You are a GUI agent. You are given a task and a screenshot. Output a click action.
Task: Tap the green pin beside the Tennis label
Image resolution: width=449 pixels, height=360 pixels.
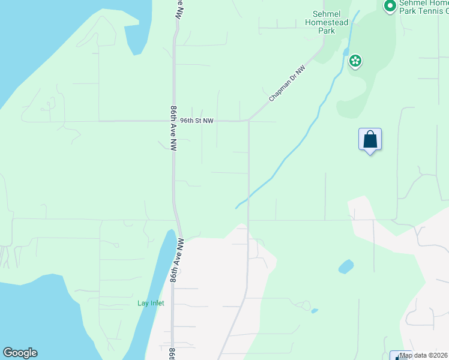(x=389, y=7)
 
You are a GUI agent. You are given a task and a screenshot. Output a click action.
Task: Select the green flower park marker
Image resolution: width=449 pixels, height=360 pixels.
(x=355, y=61)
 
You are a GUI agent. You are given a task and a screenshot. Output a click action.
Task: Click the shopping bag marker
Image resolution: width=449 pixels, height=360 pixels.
(x=370, y=140)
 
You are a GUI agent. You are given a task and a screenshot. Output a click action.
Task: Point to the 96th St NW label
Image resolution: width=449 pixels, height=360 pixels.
(x=197, y=121)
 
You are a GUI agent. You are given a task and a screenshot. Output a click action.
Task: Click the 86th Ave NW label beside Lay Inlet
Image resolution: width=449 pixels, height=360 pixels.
(x=176, y=260)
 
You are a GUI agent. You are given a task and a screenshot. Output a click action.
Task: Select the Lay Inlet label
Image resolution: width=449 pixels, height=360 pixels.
(x=150, y=303)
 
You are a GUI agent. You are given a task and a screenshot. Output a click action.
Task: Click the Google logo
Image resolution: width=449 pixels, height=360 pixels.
(x=20, y=353)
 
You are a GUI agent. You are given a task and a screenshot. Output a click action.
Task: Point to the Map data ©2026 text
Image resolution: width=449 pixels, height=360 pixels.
(x=424, y=355)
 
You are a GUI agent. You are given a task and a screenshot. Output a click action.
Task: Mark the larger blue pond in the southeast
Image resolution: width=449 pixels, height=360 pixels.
(x=346, y=266)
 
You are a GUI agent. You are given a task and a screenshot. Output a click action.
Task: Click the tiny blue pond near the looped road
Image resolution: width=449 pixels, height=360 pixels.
(x=315, y=311)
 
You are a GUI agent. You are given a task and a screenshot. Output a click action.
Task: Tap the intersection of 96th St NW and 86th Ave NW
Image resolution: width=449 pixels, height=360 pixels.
(x=174, y=121)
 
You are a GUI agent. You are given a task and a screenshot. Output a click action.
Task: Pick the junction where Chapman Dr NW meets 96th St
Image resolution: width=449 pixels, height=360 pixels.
(x=249, y=121)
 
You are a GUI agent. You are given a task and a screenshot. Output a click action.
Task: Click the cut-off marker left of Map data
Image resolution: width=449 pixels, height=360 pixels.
(x=398, y=355)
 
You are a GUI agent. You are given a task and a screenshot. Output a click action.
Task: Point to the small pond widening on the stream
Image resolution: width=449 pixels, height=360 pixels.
(x=346, y=50)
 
